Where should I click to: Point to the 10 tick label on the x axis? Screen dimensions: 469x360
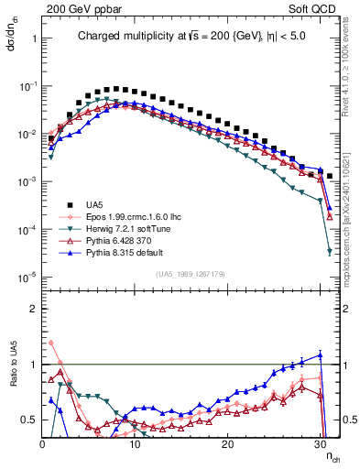click(135, 444)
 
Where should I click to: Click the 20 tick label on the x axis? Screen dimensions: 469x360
click(227, 444)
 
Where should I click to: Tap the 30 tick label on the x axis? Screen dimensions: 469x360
click(320, 444)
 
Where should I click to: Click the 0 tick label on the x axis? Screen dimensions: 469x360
click(42, 444)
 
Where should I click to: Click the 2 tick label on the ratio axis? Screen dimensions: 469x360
click(33, 308)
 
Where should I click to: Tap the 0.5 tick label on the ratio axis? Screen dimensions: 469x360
click(29, 420)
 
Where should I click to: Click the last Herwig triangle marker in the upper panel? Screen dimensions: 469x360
click(329, 251)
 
